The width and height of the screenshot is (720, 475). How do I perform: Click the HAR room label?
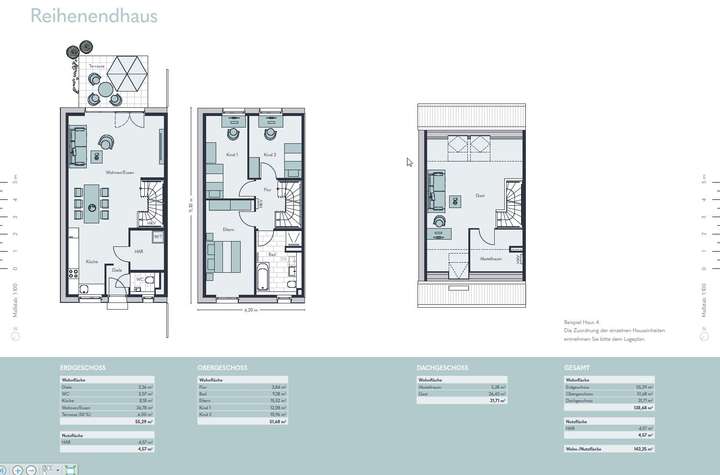click(x=139, y=251)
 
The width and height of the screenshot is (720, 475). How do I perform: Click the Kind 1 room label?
click(x=231, y=154)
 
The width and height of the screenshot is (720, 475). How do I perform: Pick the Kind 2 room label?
click(x=269, y=154)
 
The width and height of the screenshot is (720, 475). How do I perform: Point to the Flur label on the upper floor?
click(x=267, y=189)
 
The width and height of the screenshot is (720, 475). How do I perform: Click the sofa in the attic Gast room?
click(x=436, y=187)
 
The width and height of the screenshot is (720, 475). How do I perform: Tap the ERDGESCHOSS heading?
click(x=83, y=368)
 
